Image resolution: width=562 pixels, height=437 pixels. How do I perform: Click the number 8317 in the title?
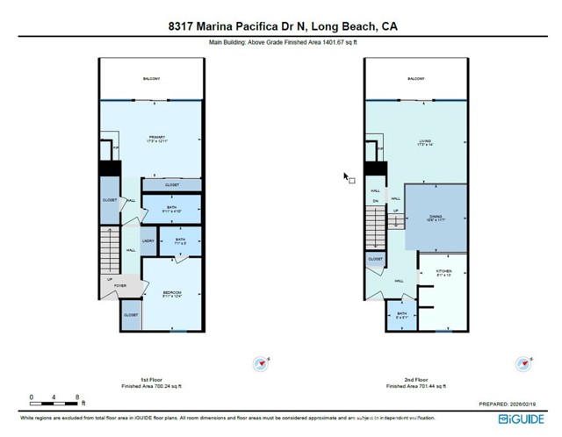(183, 26)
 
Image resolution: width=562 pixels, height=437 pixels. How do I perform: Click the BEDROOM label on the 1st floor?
(171, 292)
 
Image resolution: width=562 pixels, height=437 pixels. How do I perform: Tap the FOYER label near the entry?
(120, 286)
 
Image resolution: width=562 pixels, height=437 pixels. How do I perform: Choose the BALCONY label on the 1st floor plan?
(151, 79)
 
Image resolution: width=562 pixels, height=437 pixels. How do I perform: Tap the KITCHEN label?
(443, 272)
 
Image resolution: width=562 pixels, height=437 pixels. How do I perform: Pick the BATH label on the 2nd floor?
(400, 313)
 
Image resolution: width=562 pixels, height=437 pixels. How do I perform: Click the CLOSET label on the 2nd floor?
(375, 260)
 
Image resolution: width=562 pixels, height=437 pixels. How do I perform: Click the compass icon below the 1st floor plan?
(260, 362)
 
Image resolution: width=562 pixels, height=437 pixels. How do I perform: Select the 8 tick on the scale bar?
(78, 398)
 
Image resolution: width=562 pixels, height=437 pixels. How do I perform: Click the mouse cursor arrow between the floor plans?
(347, 176)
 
